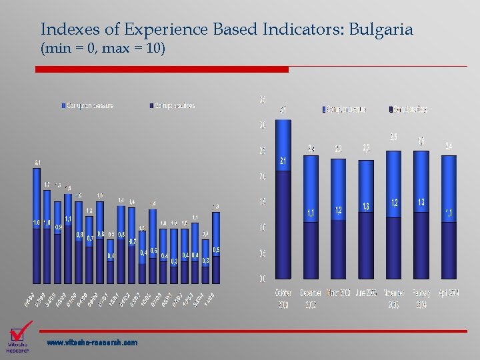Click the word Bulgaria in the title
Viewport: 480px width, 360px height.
[x=381, y=29]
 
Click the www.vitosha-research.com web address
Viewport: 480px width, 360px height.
[x=92, y=343]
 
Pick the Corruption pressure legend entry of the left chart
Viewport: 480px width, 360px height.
[x=90, y=105]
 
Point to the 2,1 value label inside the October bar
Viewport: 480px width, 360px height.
[x=283, y=161]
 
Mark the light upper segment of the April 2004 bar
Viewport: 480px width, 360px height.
[x=449, y=187]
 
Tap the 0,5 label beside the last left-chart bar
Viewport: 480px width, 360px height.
[x=217, y=250]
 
